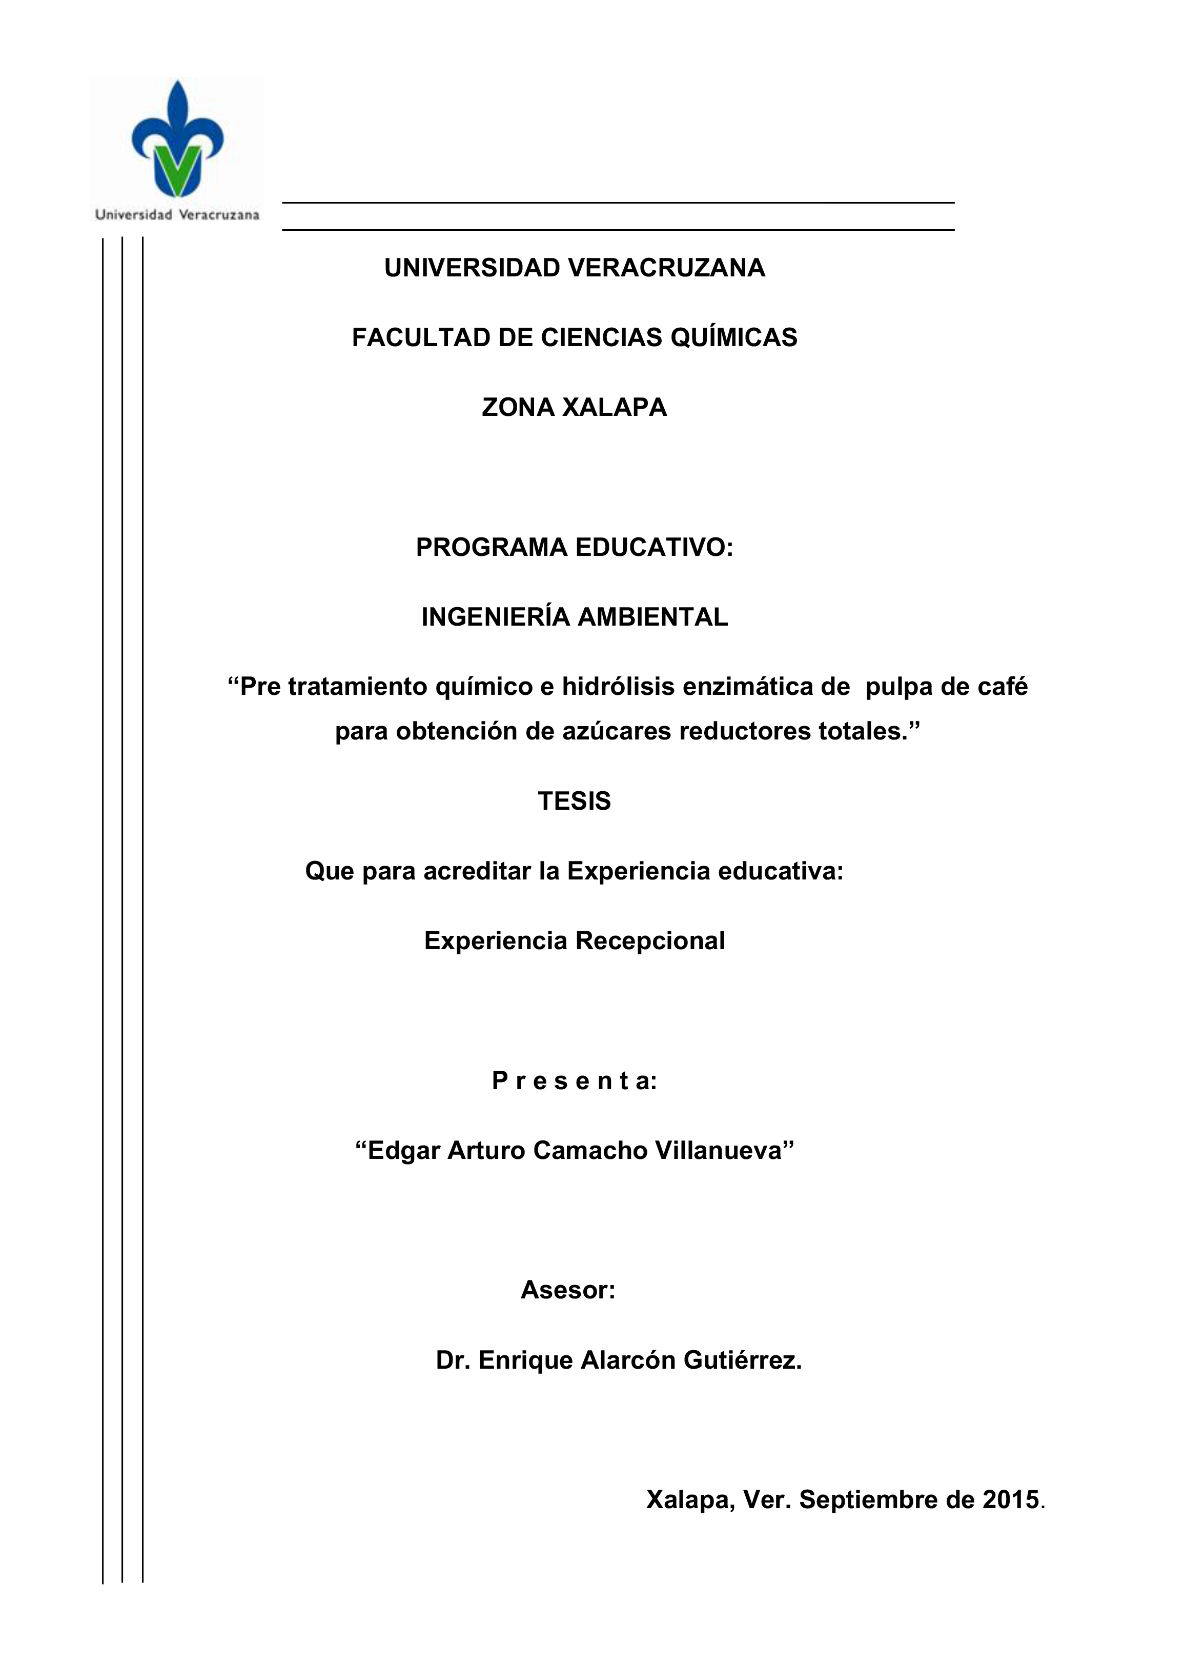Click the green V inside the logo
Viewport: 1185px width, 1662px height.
coord(177,169)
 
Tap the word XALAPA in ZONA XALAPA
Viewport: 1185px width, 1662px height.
coord(615,407)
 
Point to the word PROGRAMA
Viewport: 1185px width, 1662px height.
coord(491,548)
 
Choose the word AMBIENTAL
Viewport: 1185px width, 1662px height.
coord(652,617)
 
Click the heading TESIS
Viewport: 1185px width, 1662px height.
coord(574,802)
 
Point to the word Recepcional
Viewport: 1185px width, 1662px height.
coord(650,941)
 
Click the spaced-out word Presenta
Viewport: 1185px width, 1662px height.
coord(574,1081)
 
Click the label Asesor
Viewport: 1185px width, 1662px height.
coord(568,1291)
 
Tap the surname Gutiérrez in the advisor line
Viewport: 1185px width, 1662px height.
coord(742,1360)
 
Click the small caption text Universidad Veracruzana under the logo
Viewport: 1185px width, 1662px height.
coord(177,214)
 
